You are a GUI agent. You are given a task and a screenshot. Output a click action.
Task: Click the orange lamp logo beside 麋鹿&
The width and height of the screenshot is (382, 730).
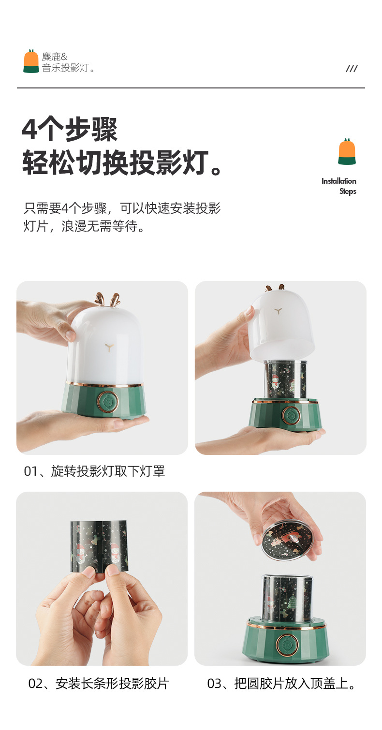click(x=31, y=61)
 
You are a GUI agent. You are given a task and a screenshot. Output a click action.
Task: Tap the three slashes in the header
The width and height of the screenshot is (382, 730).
click(x=352, y=69)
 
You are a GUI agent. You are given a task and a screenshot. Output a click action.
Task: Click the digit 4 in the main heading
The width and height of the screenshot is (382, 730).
click(x=29, y=130)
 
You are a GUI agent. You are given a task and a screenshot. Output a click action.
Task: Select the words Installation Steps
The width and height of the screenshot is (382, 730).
click(x=339, y=186)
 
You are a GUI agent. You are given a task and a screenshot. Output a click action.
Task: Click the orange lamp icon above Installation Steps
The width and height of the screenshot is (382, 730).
click(x=347, y=151)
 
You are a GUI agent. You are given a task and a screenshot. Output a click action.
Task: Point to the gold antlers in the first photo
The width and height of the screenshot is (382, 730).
click(x=107, y=300)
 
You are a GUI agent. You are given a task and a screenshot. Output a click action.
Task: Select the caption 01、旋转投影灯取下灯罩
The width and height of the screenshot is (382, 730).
click(x=94, y=471)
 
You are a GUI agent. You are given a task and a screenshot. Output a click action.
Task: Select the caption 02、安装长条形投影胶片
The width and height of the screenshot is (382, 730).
click(x=99, y=684)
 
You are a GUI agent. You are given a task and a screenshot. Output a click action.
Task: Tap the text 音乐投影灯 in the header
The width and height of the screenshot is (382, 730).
click(x=65, y=68)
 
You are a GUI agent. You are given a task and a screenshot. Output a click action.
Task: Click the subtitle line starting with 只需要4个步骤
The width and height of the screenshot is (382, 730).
click(x=122, y=208)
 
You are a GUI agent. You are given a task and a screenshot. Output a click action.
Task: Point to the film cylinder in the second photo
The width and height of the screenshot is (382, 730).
click(x=286, y=380)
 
